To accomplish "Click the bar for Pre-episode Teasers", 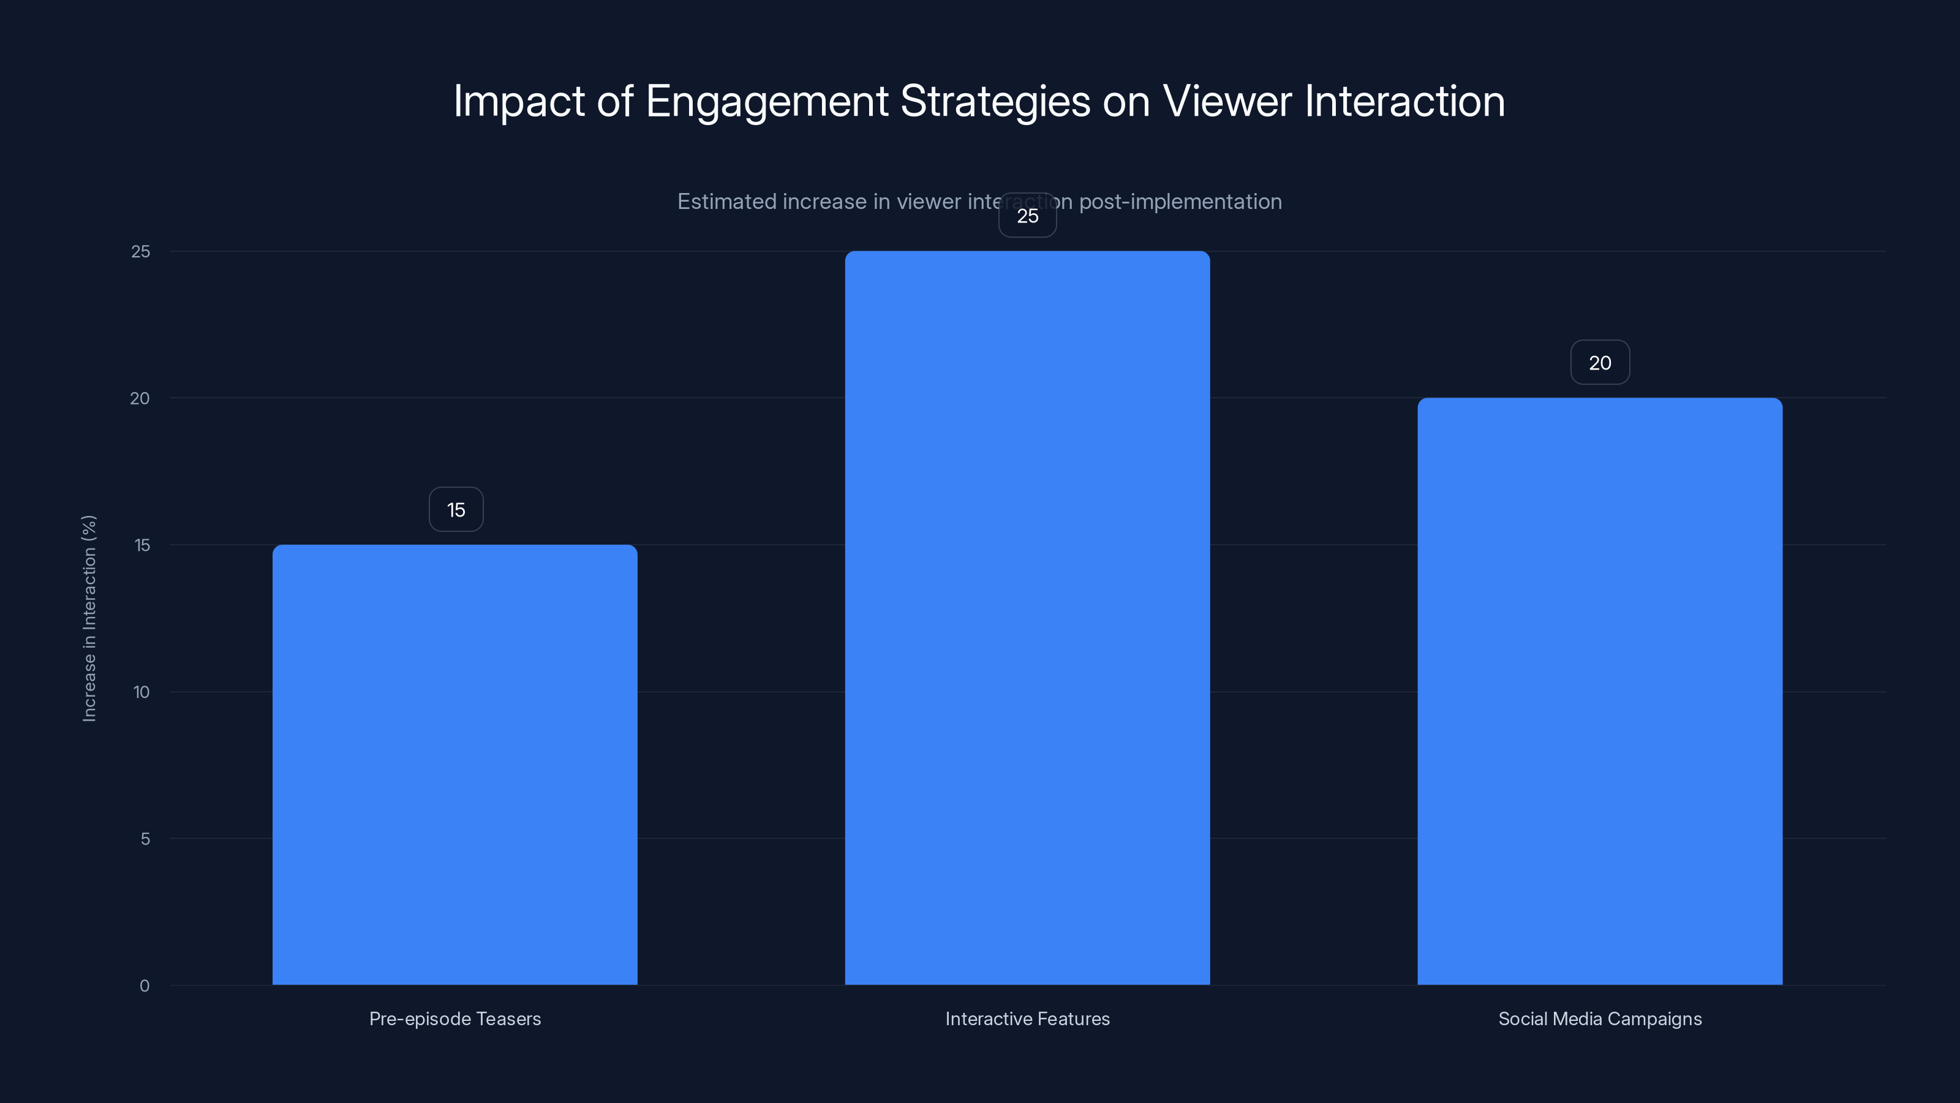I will tap(455, 764).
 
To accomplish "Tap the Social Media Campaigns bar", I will tap(1599, 691).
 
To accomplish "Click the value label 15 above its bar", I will tap(456, 510).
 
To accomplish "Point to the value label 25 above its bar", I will tap(1027, 216).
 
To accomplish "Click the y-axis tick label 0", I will tap(145, 986).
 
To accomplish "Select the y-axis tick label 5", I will tap(145, 839).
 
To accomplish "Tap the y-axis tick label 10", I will tap(141, 692).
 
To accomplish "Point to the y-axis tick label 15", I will tap(142, 545).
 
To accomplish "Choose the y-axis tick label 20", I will tap(140, 398).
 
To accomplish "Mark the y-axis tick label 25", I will tap(141, 251).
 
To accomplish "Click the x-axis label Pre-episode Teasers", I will tap(455, 1018).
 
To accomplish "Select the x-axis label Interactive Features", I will tap(1027, 1018).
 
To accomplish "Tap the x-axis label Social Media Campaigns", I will tap(1599, 1018).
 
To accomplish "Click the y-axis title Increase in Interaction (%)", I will tap(89, 618).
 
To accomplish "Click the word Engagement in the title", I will tap(766, 101).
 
